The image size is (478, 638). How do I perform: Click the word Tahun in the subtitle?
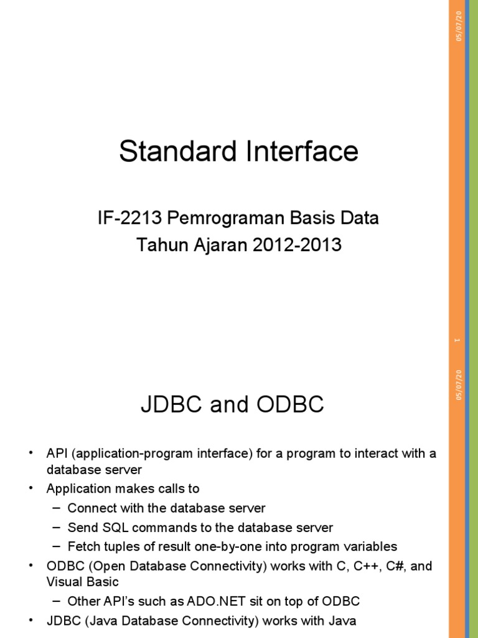[157, 245]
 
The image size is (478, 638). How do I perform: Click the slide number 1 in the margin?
[458, 340]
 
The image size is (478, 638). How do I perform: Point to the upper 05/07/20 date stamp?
[459, 26]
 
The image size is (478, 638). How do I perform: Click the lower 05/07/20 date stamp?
[459, 384]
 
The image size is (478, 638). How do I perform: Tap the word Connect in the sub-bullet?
[89, 508]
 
